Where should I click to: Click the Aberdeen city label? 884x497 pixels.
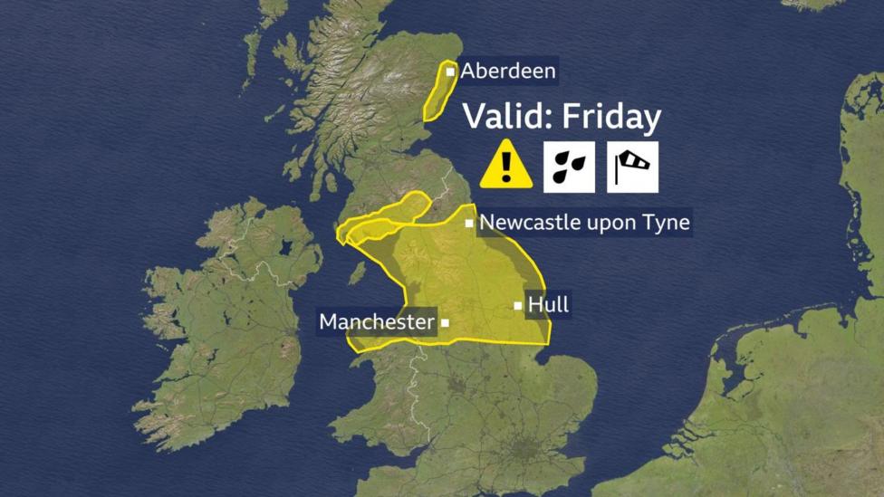(508, 71)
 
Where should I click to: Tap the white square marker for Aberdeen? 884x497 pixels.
(450, 72)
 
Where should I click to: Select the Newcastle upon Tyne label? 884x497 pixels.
(584, 222)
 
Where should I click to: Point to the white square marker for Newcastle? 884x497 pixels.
(469, 223)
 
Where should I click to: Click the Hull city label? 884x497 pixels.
(548, 305)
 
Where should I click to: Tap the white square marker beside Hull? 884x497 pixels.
(518, 306)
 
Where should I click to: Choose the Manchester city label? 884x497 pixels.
(376, 321)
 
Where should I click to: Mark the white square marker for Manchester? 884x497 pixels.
(445, 321)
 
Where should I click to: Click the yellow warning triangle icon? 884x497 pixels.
(506, 165)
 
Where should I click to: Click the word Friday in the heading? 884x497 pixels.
(611, 118)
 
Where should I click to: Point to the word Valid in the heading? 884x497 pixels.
(506, 118)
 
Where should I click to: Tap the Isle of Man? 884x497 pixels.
(358, 272)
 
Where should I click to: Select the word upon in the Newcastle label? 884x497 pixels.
(610, 223)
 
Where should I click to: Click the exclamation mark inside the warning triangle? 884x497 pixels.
(506, 167)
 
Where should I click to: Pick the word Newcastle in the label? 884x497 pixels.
(530, 222)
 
